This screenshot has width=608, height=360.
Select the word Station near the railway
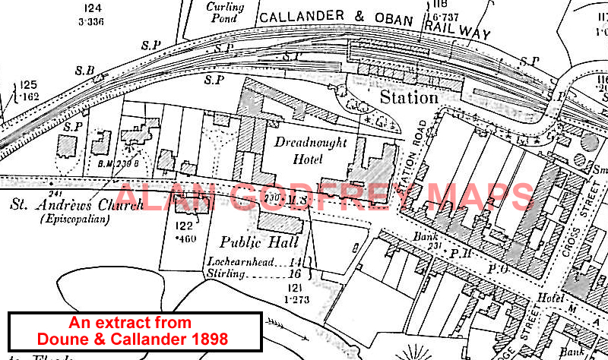[409, 97]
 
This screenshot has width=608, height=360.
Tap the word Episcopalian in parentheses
[74, 219]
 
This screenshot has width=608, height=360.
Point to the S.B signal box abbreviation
[84, 71]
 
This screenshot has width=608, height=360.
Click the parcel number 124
[93, 9]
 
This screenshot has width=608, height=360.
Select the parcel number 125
[28, 85]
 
